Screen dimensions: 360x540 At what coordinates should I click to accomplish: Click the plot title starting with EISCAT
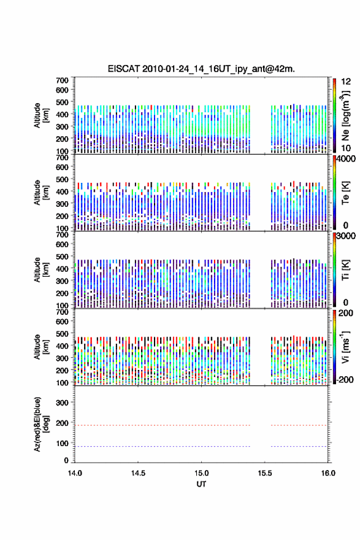[201, 69]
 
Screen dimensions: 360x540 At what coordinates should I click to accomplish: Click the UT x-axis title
[201, 484]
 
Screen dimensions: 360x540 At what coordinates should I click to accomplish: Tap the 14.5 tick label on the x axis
[138, 473]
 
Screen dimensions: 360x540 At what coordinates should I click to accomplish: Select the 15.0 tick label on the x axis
[201, 473]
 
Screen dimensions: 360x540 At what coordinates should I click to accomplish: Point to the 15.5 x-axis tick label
[265, 473]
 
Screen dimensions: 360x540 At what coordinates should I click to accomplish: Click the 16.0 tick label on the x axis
[328, 473]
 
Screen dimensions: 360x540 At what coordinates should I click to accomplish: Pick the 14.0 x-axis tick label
[75, 473]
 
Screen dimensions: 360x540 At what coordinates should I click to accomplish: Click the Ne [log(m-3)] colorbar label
[345, 115]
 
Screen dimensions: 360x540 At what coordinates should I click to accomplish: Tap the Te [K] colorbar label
[345, 193]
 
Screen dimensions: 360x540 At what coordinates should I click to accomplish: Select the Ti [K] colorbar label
[345, 270]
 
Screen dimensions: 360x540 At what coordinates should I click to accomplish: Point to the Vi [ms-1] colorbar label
[345, 347]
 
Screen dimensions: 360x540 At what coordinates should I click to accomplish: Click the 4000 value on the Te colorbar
[346, 159]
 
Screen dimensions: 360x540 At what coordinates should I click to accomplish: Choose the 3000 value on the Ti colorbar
[346, 236]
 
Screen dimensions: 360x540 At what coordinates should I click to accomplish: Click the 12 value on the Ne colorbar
[346, 82]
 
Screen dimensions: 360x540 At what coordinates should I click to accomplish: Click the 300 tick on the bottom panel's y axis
[62, 403]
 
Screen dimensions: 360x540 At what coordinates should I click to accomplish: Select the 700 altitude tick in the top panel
[62, 80]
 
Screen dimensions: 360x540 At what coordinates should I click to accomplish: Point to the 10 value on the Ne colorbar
[346, 148]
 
